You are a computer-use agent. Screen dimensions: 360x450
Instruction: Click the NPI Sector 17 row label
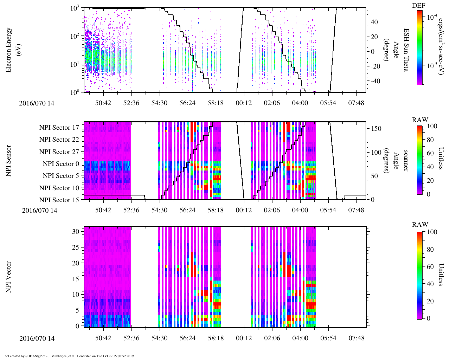pyautogui.click(x=59, y=128)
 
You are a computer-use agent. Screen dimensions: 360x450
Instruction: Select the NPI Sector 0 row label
pyautogui.click(x=61, y=164)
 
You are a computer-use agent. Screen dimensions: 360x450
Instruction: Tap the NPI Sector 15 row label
pyautogui.click(x=59, y=200)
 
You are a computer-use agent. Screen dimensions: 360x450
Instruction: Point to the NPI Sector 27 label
pyautogui.click(x=59, y=152)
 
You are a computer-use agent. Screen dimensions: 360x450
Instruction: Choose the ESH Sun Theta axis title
pyautogui.click(x=406, y=50)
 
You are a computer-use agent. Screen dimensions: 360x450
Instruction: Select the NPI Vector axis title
pyautogui.click(x=9, y=277)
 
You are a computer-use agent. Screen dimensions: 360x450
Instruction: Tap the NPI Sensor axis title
pyautogui.click(x=9, y=161)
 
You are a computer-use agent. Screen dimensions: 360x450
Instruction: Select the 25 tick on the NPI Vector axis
pyautogui.click(x=76, y=247)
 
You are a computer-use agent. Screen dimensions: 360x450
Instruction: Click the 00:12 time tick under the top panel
pyautogui.click(x=244, y=103)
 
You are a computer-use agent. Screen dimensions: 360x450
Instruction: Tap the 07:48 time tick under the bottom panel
pyautogui.click(x=356, y=338)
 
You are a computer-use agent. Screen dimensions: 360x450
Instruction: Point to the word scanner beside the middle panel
pyautogui.click(x=406, y=161)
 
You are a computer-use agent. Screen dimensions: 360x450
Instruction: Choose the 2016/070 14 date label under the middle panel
pyautogui.click(x=40, y=211)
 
